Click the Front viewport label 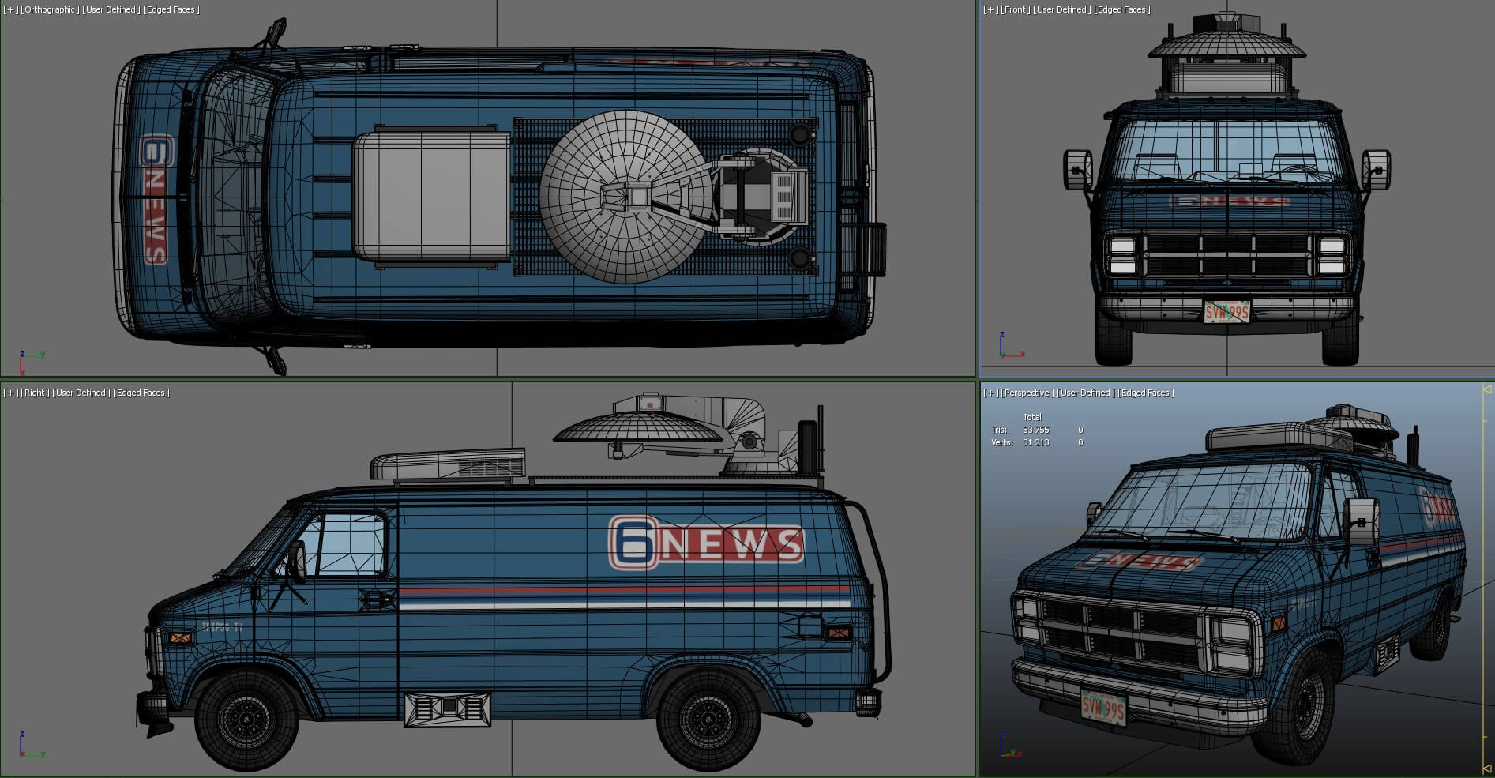tap(1016, 9)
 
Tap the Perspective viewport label tap(1027, 393)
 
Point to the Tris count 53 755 tap(1035, 430)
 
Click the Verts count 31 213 tap(1035, 442)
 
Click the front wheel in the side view tap(246, 719)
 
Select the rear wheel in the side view tap(708, 719)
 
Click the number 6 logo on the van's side tap(633, 543)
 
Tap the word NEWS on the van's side tap(731, 544)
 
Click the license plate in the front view tap(1226, 312)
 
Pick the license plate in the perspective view tap(1103, 708)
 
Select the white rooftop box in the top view tap(431, 197)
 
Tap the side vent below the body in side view tap(447, 708)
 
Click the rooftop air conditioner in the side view tap(449, 465)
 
